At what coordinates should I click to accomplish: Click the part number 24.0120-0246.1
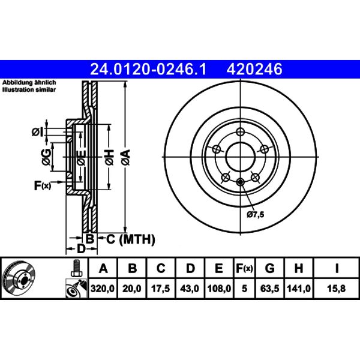(148, 70)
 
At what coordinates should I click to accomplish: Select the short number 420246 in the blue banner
(254, 70)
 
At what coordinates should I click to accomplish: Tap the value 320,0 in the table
(103, 289)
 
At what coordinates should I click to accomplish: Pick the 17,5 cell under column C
(160, 289)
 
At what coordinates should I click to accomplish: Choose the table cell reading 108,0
(219, 289)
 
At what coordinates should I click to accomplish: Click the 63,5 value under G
(270, 289)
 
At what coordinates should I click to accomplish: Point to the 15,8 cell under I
(337, 289)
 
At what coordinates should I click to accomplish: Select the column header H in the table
(298, 268)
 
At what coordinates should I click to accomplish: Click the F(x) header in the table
(245, 268)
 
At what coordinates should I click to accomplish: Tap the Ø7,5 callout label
(256, 214)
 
